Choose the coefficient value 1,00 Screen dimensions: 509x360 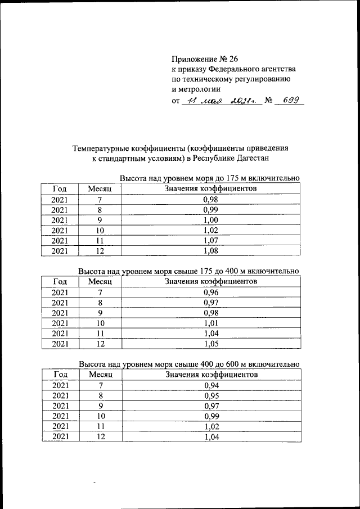210,220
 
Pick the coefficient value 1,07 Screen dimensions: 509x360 210,240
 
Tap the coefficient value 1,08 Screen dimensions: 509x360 210,251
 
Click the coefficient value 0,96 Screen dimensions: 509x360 210,292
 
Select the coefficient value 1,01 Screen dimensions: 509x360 210,323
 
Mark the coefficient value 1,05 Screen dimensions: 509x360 210,343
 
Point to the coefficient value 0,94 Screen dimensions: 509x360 210,385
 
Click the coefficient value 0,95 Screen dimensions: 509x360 210,395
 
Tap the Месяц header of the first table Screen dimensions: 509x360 100,189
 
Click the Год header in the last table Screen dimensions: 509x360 60,374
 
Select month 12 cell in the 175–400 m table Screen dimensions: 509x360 100,343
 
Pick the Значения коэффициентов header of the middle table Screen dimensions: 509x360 210,281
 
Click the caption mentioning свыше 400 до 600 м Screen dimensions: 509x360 188,363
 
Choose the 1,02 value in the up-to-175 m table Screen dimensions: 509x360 210,230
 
